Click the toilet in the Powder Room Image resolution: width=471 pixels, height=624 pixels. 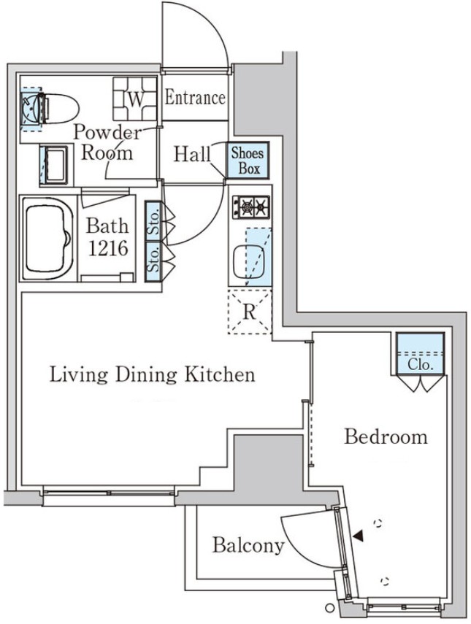pyautogui.click(x=57, y=108)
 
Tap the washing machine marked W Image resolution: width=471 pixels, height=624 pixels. pyautogui.click(x=135, y=99)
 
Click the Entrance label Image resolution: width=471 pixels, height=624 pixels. pyautogui.click(x=195, y=98)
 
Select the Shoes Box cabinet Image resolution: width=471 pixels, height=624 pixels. pyautogui.click(x=248, y=160)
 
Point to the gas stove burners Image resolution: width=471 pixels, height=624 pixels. pyautogui.click(x=251, y=207)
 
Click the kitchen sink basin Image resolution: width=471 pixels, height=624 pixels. pyautogui.click(x=248, y=263)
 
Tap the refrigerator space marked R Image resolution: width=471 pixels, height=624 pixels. pyautogui.click(x=249, y=312)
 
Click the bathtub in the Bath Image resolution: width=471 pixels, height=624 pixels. pyautogui.click(x=47, y=239)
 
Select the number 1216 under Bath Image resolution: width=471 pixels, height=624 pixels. pyautogui.click(x=108, y=249)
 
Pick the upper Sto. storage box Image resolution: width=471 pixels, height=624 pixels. pyautogui.click(x=153, y=222)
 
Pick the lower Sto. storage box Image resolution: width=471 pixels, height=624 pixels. pyautogui.click(x=153, y=262)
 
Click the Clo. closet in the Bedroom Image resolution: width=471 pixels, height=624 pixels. pyautogui.click(x=421, y=354)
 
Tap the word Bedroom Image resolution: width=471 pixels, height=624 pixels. pyautogui.click(x=386, y=436)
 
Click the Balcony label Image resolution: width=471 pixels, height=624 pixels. pyautogui.click(x=248, y=544)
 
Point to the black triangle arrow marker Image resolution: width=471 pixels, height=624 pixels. pyautogui.click(x=359, y=535)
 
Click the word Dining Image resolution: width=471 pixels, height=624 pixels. pyautogui.click(x=146, y=375)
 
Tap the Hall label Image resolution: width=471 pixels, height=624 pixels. pyautogui.click(x=192, y=155)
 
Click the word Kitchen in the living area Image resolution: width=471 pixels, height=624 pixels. pyautogui.click(x=221, y=375)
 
